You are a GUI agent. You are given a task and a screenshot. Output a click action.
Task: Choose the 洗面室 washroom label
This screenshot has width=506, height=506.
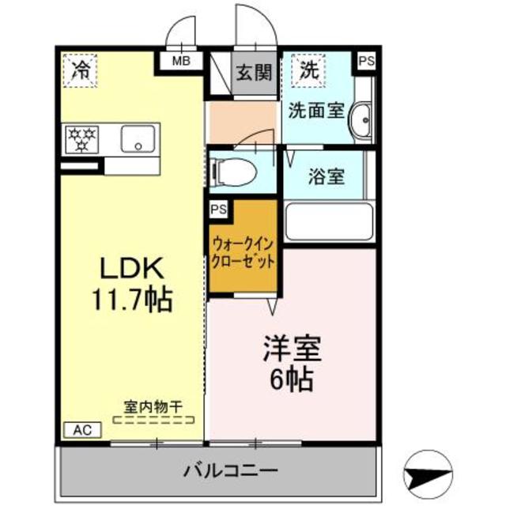coord(315,111)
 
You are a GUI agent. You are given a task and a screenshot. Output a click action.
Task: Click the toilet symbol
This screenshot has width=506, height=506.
coord(233,169)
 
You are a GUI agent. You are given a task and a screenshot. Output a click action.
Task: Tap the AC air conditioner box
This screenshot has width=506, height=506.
coord(82,430)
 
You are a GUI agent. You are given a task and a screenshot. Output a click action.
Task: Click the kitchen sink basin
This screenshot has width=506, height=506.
coord(139,140)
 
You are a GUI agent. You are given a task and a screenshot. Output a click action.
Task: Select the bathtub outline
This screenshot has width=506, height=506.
coord(329,222)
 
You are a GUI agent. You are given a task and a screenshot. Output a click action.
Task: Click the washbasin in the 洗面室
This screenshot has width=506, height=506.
coord(364,123)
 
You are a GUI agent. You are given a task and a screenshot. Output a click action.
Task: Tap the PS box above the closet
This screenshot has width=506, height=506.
coord(217,210)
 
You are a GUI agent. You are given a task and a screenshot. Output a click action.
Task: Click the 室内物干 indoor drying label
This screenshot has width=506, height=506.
coord(153,406)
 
